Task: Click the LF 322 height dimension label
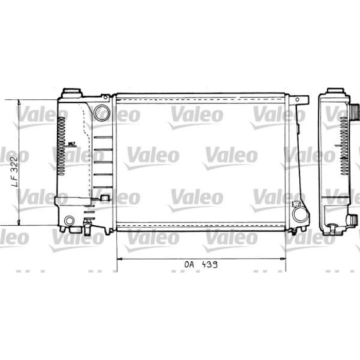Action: coord(15,170)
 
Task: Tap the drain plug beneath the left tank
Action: coord(88,224)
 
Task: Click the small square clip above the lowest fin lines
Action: coord(105,197)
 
